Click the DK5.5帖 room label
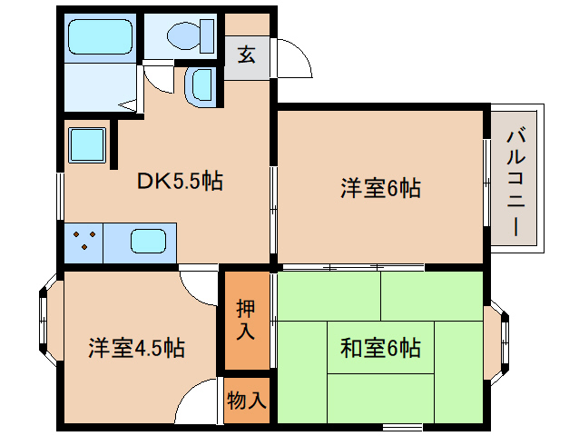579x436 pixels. [181, 180]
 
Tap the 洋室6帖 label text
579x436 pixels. [380, 189]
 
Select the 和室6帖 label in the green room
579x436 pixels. [380, 347]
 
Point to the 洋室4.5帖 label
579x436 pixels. [137, 347]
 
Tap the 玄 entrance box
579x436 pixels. [246, 54]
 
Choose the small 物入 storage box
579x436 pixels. [246, 400]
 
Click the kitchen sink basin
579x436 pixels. [147, 242]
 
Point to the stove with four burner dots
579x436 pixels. [83, 242]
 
